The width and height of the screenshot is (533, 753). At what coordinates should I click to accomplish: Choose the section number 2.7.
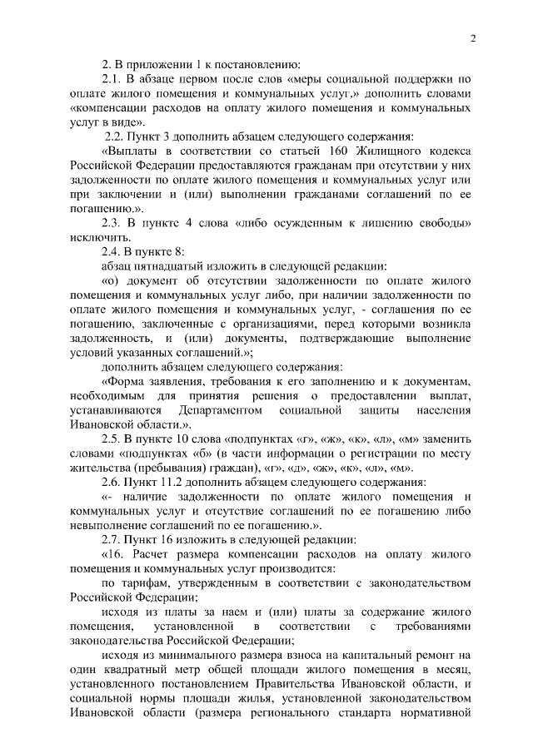point(112,539)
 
